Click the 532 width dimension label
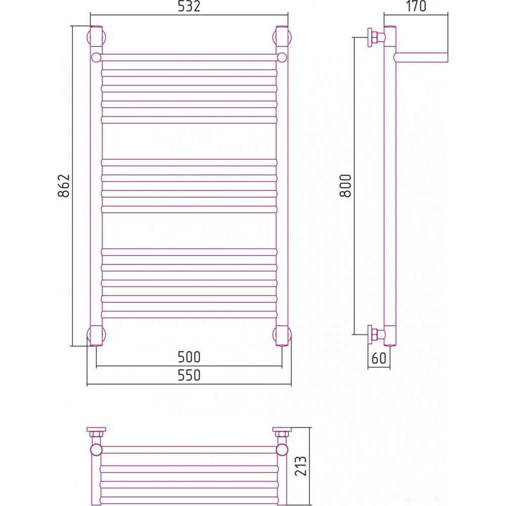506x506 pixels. tap(189, 7)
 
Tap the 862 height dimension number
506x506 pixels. tap(64, 186)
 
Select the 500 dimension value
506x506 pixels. tap(189, 357)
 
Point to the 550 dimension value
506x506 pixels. tap(189, 375)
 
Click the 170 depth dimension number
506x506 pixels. tap(416, 6)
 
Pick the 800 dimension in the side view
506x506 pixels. tap(345, 186)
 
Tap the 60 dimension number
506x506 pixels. tap(378, 358)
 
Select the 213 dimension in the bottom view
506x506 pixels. tap(301, 466)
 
